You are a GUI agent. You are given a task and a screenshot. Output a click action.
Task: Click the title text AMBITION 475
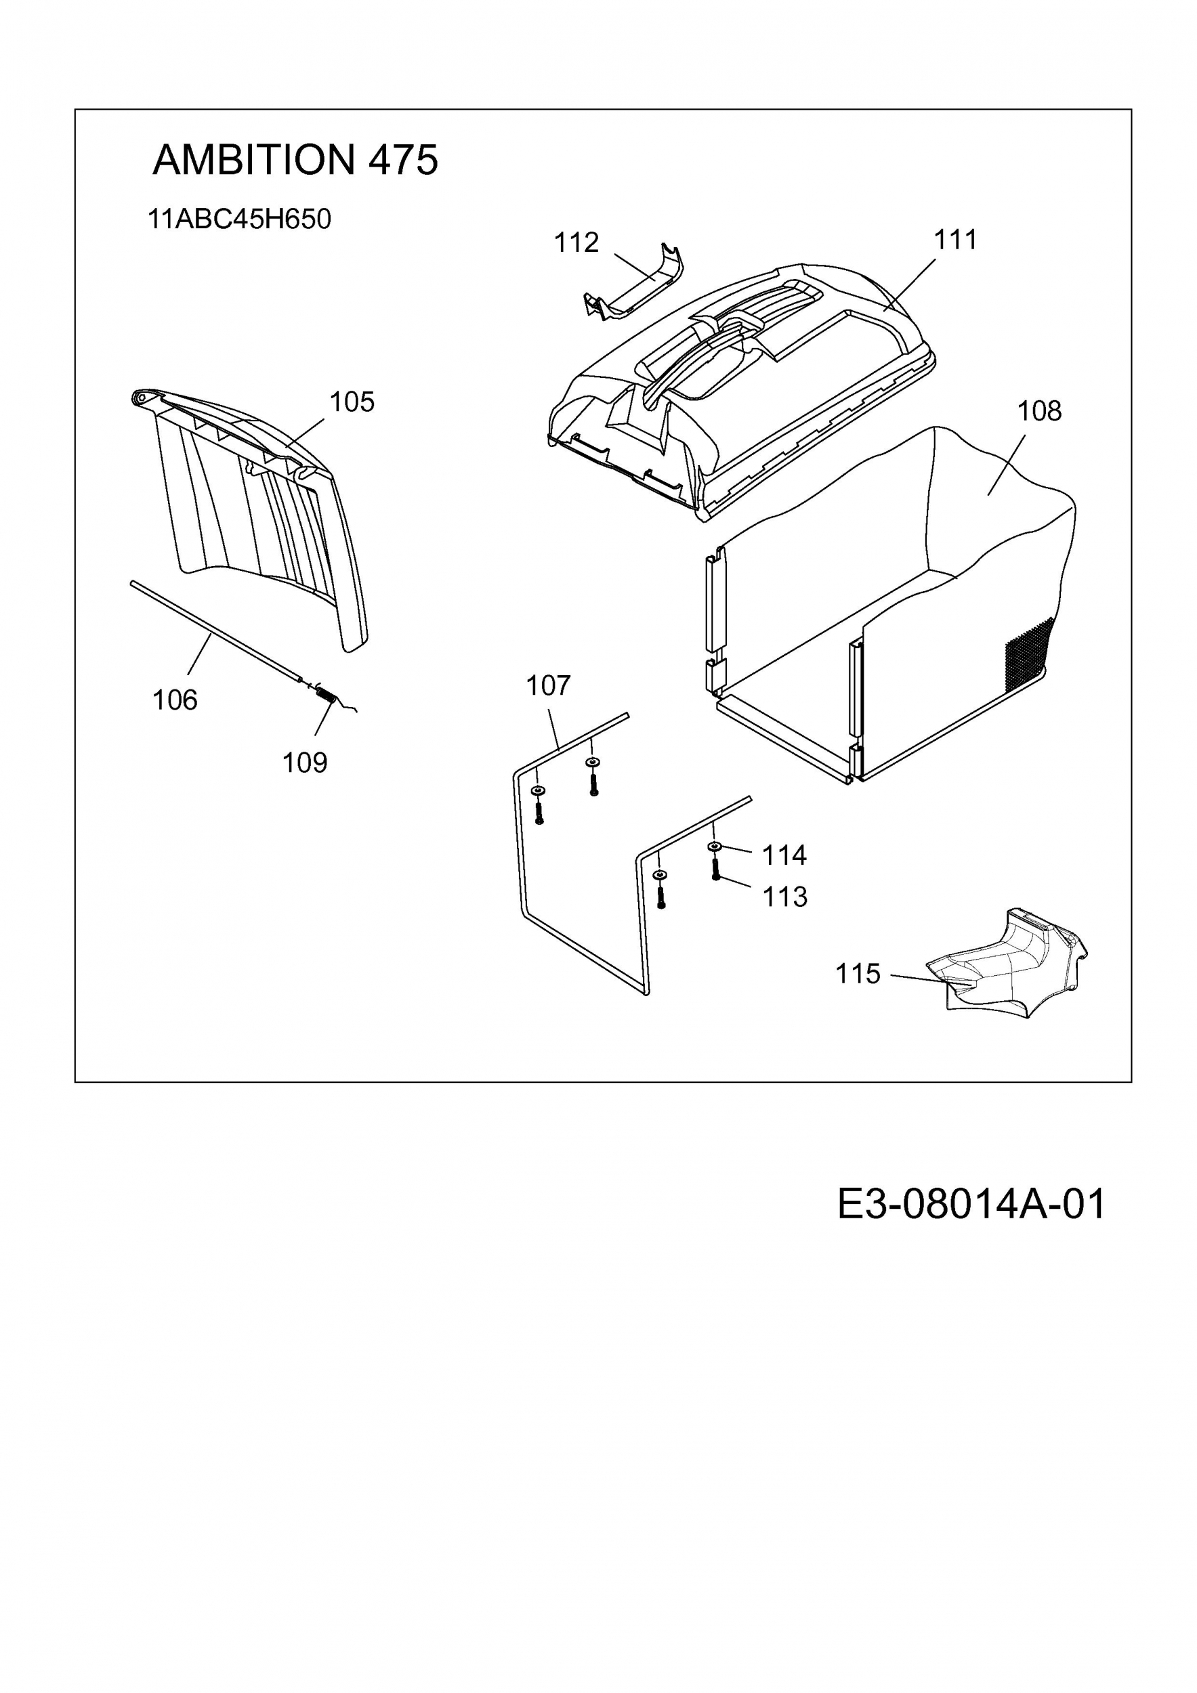click(x=295, y=159)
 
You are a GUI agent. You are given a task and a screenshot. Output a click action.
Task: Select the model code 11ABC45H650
click(x=240, y=219)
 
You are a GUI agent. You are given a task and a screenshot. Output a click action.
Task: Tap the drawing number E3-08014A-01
click(x=971, y=1204)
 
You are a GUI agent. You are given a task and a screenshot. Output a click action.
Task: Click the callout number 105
click(x=352, y=402)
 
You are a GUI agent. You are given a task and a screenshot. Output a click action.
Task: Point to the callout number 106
click(x=175, y=700)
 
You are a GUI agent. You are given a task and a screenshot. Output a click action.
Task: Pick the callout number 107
click(x=548, y=686)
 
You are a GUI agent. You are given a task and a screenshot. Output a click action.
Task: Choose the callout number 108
click(x=1039, y=410)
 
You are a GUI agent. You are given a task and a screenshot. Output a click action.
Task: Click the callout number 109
click(x=305, y=763)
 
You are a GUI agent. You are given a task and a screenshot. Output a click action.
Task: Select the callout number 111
click(x=955, y=240)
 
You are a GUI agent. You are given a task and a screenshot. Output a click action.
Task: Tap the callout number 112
click(x=576, y=242)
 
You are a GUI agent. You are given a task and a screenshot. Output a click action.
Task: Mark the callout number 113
click(x=784, y=897)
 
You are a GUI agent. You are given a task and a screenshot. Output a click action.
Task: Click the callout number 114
click(x=784, y=855)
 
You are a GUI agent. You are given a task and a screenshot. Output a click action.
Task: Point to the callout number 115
click(x=858, y=974)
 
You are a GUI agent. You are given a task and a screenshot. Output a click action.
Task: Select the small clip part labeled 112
click(x=633, y=288)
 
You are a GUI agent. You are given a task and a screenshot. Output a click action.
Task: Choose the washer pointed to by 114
click(x=715, y=846)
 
